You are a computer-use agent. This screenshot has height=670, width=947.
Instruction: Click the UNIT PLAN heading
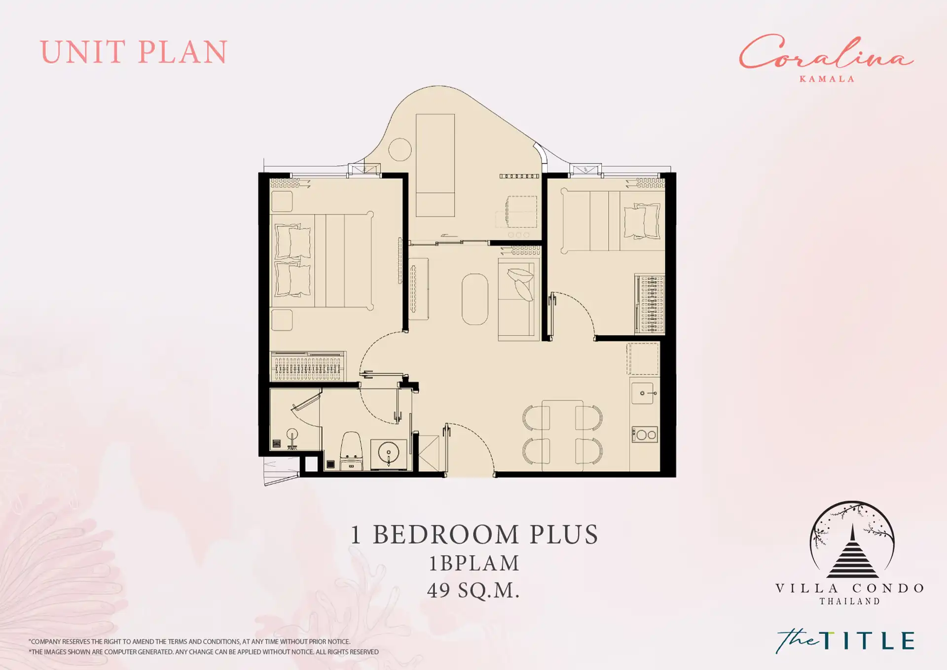click(134, 52)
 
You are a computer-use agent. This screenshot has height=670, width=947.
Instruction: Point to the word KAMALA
click(827, 79)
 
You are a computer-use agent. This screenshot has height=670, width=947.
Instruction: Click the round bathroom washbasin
click(389, 453)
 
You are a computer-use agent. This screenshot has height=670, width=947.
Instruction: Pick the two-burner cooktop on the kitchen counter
click(645, 435)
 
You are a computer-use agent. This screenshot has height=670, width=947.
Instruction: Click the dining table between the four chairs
click(562, 436)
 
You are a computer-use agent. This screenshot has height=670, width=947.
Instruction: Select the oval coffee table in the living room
click(475, 299)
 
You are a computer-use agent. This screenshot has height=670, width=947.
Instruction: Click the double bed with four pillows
click(322, 261)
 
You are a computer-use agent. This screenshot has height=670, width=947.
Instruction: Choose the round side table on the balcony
click(400, 149)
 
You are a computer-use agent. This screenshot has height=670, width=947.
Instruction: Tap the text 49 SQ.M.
click(473, 591)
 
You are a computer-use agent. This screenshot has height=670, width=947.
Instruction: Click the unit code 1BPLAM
click(474, 563)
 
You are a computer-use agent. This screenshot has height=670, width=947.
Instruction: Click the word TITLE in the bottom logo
click(868, 641)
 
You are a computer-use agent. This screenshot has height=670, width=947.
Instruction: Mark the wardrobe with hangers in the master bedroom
click(308, 366)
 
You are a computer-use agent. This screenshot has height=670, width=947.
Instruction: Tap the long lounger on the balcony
click(435, 165)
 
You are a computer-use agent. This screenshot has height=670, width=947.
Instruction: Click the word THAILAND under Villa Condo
click(850, 601)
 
